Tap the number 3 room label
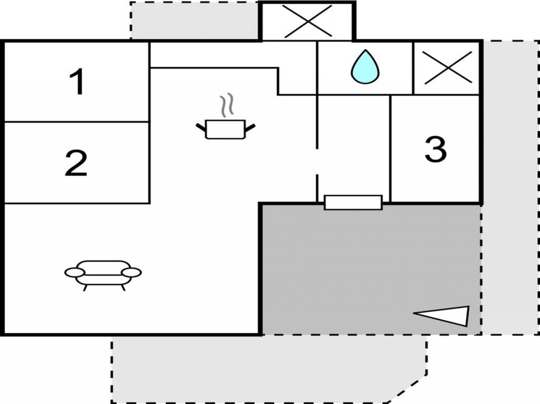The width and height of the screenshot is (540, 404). click(x=435, y=149)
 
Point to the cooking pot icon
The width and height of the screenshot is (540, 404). click(x=225, y=129)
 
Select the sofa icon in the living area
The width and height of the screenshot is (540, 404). click(x=103, y=273)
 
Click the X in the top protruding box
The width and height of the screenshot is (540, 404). click(x=307, y=21)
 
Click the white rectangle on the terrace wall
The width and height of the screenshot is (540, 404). click(x=353, y=202)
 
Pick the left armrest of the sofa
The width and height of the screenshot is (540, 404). click(x=74, y=273)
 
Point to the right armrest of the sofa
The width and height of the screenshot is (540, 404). click(x=131, y=273)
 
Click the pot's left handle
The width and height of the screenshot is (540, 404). click(x=201, y=128)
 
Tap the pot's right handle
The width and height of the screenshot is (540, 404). click(x=250, y=128)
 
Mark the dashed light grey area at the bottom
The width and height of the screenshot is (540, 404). click(x=264, y=369)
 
